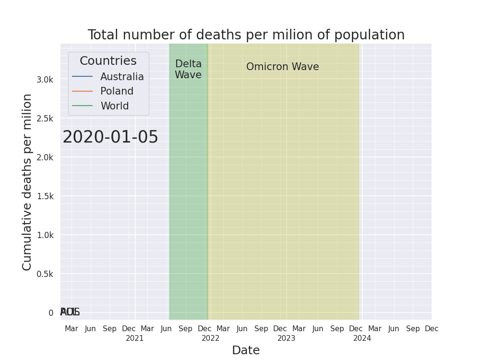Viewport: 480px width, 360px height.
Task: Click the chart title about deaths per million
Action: point(246,35)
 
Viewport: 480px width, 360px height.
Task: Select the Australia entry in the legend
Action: point(122,77)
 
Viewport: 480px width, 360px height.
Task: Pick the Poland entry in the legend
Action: point(117,91)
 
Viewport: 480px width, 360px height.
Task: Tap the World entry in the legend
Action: point(114,106)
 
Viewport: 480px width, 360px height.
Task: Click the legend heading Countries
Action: point(108,61)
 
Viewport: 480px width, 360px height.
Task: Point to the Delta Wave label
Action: point(188,70)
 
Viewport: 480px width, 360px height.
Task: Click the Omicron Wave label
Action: point(282,67)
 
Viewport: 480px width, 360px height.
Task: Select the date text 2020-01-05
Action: point(110,137)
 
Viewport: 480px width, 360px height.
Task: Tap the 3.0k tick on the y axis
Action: point(45,80)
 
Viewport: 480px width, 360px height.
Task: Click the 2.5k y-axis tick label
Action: point(45,119)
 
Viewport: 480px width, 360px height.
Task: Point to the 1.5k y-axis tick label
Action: point(45,196)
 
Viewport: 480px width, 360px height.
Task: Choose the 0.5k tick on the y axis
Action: point(45,274)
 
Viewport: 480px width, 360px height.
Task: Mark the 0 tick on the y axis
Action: point(51,313)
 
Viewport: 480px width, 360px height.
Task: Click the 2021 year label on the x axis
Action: point(135,338)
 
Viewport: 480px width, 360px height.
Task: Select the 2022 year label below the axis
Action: point(211,338)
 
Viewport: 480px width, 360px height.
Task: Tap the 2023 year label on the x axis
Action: point(287,338)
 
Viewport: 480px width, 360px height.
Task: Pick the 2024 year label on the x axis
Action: point(362,338)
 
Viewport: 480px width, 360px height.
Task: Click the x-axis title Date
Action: point(246,350)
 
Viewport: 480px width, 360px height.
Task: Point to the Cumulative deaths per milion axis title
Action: point(27,182)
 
